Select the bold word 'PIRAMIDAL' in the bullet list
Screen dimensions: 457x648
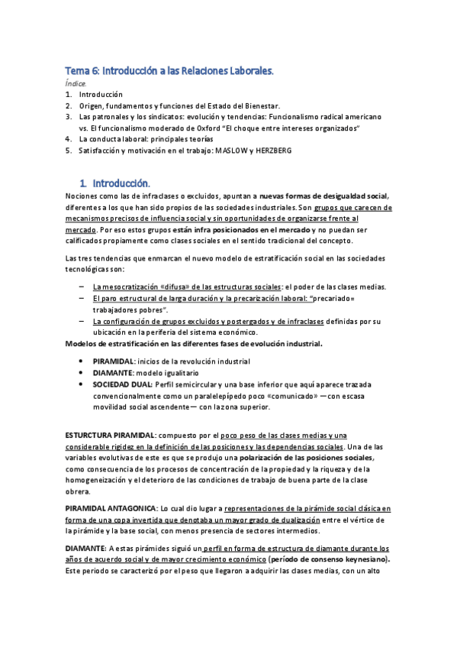click(113, 360)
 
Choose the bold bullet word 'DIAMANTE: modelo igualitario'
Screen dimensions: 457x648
click(113, 371)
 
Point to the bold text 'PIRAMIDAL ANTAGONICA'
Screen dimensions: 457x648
click(111, 507)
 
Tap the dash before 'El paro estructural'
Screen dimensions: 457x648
click(82, 298)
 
